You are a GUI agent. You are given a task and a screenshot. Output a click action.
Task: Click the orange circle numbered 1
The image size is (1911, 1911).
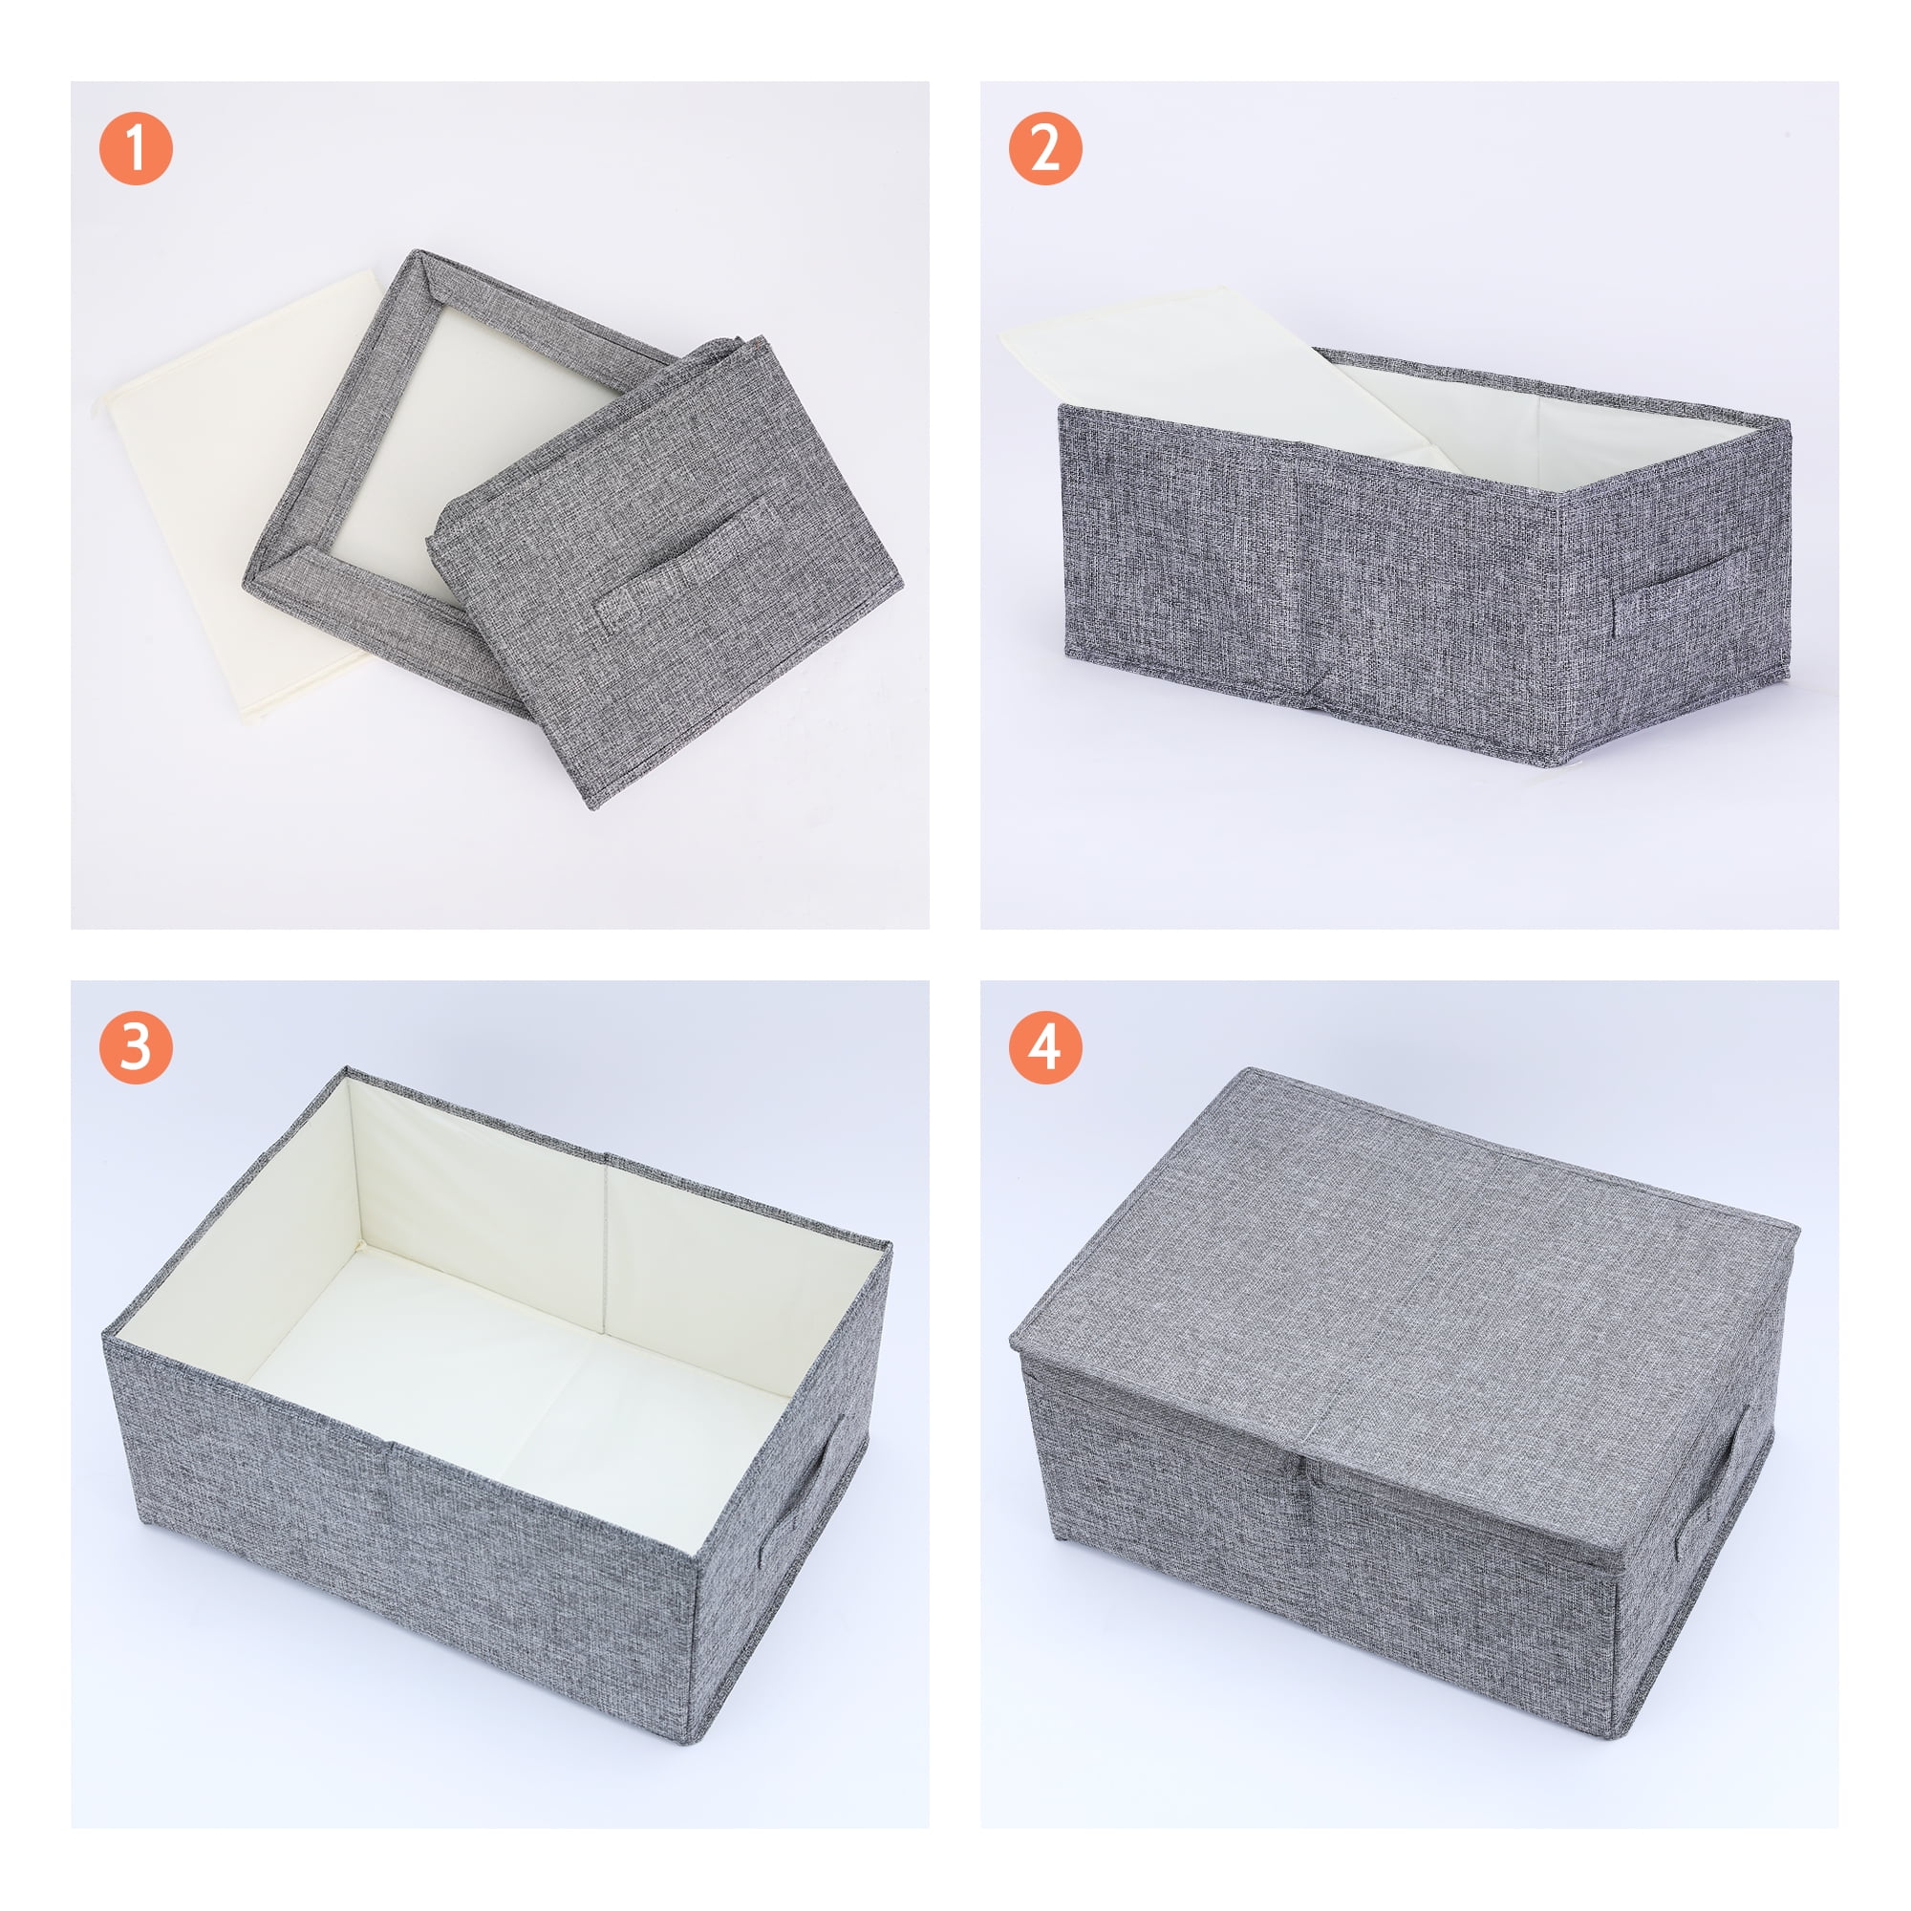point(137,148)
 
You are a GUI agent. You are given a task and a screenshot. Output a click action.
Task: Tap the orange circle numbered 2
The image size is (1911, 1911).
point(1045,148)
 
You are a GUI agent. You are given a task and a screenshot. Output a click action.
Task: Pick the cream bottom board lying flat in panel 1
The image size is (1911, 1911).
point(237,495)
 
